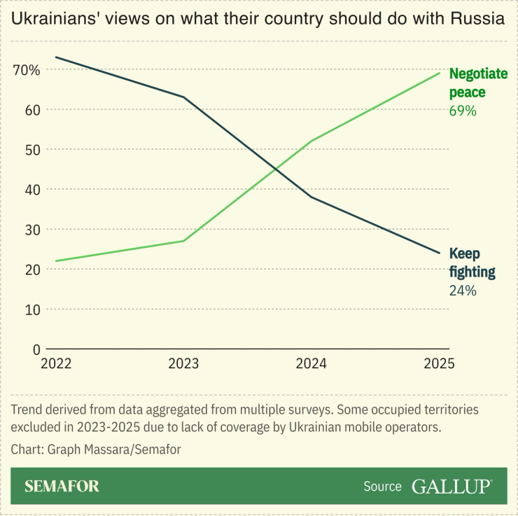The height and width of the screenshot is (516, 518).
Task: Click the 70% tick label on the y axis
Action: (x=26, y=70)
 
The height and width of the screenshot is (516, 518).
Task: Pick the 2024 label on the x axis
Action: (x=311, y=364)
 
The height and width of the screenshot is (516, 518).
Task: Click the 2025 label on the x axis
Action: (x=439, y=364)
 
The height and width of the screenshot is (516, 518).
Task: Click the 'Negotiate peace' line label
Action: (x=477, y=83)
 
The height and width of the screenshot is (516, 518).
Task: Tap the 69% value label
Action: (x=463, y=111)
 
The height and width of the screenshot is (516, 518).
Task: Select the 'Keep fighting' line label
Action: (x=472, y=263)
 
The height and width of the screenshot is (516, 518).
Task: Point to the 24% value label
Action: (x=463, y=291)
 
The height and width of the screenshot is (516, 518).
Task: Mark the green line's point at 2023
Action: (x=184, y=241)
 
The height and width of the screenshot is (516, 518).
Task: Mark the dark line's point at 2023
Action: (x=184, y=97)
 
